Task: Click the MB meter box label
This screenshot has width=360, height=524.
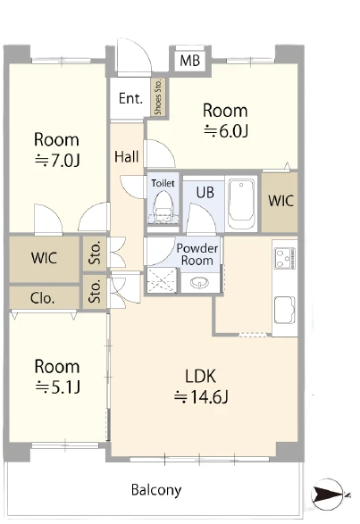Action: point(189,61)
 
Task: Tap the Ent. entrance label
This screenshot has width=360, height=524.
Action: point(130,98)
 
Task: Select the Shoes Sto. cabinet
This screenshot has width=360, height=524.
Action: point(158,97)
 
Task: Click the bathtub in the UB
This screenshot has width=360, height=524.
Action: point(241,204)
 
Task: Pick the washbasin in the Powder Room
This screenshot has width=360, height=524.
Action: point(199,283)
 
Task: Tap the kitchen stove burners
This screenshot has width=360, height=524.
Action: point(285,258)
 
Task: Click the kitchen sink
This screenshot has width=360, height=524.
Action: point(285,310)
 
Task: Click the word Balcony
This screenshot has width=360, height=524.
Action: point(156,490)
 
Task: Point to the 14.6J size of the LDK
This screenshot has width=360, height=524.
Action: point(201,397)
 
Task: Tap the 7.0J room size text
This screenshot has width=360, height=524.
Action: point(57,161)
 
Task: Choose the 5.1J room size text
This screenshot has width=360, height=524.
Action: point(57,387)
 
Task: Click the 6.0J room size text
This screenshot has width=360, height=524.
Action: point(226,130)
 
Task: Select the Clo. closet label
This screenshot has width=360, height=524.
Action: point(42,298)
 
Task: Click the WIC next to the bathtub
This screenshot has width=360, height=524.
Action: point(280,201)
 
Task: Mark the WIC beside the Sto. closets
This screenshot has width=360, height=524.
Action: point(44,258)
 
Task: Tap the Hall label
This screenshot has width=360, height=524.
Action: point(127,156)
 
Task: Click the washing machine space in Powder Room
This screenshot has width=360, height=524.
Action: point(162,280)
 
